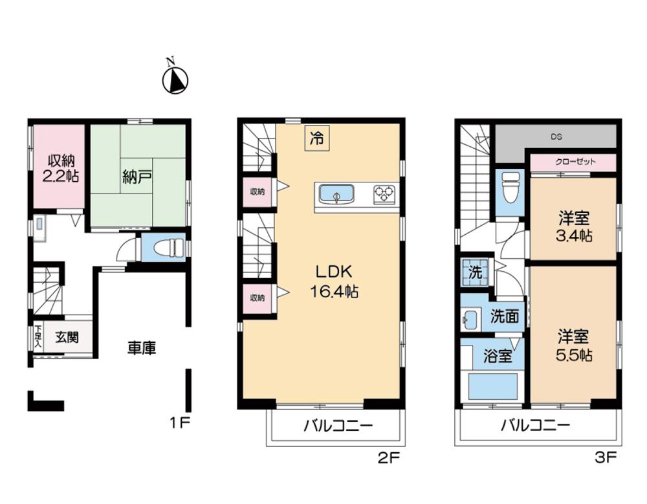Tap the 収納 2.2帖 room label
(x=60, y=168)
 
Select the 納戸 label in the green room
(x=137, y=177)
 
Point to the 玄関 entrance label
(x=67, y=337)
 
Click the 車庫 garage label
(x=141, y=348)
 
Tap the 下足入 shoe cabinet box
(x=38, y=336)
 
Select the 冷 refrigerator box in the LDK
(x=317, y=138)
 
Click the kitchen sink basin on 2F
(x=336, y=194)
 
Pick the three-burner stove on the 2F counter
(x=384, y=194)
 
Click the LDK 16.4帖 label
(x=334, y=281)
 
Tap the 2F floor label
(x=389, y=458)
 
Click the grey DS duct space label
(x=556, y=137)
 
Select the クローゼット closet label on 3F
(x=575, y=162)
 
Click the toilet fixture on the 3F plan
(x=509, y=187)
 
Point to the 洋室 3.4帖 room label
(x=574, y=226)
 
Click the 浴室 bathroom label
(x=498, y=355)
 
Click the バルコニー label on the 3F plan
(x=536, y=425)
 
